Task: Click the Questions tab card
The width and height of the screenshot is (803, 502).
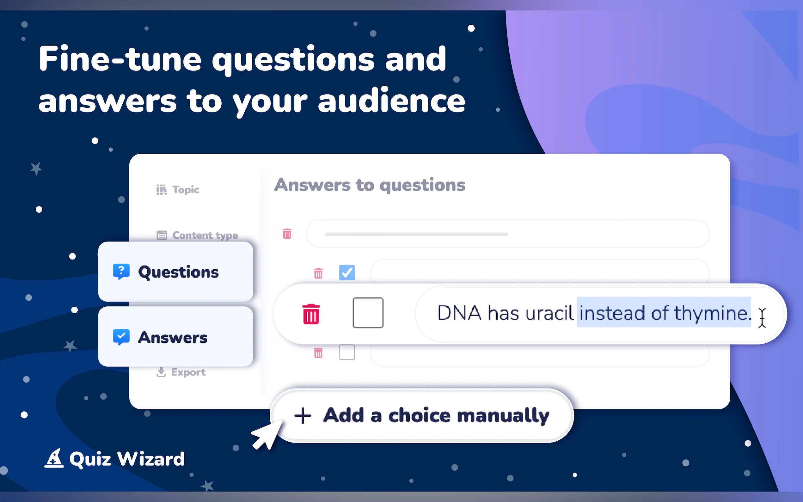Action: [x=175, y=272]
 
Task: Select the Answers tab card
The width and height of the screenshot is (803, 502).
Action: [x=175, y=337]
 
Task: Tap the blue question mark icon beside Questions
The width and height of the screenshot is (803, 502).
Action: [x=121, y=272]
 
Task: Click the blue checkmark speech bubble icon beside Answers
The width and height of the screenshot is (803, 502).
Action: [x=121, y=337]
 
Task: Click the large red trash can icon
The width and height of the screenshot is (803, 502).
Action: [x=311, y=314]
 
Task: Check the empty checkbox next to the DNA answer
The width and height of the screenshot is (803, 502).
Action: [x=368, y=313]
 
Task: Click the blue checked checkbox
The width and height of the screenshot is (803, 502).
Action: [x=347, y=272]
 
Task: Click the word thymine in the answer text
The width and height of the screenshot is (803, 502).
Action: [x=712, y=313]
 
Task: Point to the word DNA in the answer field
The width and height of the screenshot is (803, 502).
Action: [x=459, y=313]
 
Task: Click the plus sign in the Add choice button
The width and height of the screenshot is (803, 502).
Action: [x=303, y=416]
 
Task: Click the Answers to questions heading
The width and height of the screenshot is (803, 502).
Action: [x=370, y=185]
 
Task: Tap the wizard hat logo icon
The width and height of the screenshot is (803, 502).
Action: [x=54, y=458]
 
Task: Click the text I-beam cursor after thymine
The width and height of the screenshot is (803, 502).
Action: [x=762, y=318]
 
